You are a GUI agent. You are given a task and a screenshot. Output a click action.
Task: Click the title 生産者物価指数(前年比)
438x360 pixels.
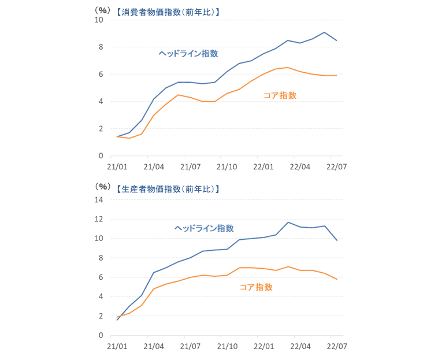point(167,188)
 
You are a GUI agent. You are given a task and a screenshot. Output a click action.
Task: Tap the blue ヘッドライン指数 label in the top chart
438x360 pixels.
point(188,53)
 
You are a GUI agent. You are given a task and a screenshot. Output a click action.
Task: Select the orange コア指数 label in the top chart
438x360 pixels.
point(280,95)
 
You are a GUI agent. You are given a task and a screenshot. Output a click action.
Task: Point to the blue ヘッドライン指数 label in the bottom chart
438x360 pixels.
point(205,228)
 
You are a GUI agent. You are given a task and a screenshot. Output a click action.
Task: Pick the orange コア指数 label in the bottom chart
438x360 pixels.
point(256,287)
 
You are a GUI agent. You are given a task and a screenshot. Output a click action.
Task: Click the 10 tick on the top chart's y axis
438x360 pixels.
point(99,20)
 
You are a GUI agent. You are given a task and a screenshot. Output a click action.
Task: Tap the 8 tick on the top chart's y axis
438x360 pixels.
point(101,47)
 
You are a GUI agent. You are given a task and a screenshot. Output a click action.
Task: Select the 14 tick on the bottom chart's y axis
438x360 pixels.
point(99,200)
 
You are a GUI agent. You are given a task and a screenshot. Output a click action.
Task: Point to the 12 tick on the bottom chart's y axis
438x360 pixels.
point(99,220)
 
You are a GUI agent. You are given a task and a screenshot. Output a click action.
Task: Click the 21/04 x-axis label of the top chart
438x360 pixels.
point(153,168)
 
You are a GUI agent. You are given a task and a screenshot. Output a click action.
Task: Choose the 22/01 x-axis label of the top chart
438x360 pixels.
point(263,168)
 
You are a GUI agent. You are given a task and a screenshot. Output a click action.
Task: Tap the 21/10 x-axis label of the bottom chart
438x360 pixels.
point(227,347)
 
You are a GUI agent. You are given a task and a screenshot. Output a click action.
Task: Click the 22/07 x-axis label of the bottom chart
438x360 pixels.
point(336,347)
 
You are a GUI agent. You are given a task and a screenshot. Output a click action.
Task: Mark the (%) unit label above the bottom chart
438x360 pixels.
point(102,188)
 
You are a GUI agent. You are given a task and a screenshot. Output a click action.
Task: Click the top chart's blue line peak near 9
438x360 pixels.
point(324,32)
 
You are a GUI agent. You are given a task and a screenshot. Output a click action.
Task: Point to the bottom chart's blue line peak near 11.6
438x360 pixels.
point(288,222)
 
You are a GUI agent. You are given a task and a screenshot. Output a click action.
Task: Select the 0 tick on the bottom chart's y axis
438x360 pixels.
point(101,336)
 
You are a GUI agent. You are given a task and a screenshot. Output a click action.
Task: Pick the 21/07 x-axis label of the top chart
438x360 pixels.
point(190,168)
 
